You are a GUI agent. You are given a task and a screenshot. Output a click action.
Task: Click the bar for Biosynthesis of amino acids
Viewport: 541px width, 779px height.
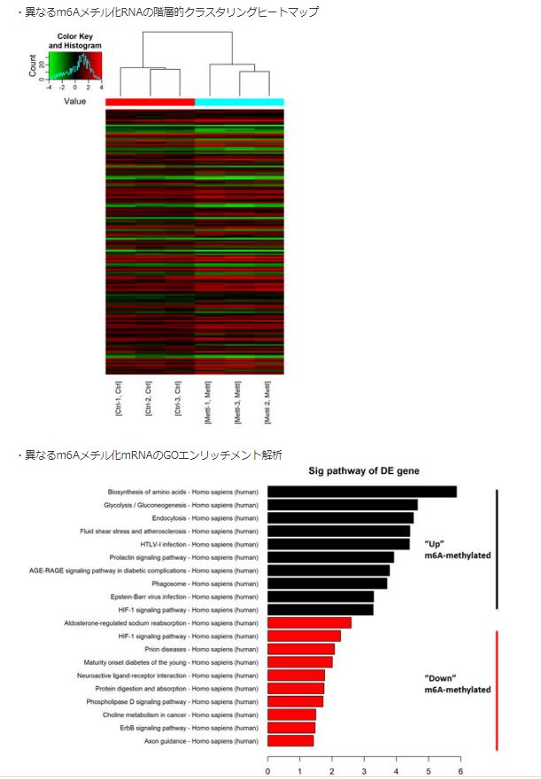pos(362,492)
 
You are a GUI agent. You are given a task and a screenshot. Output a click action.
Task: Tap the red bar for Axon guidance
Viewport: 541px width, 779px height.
pos(290,740)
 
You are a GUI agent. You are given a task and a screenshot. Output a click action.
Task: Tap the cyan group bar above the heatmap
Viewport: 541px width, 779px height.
pos(239,103)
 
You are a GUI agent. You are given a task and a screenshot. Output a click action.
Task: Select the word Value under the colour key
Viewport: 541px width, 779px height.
pos(74,102)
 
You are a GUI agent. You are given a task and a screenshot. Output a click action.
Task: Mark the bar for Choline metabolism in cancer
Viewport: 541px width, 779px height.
pos(292,714)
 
